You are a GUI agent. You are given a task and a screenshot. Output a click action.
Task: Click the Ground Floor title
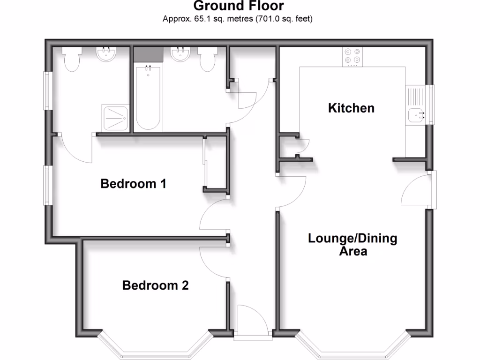[238, 6]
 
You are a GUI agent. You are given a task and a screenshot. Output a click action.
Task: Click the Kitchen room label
[351, 108]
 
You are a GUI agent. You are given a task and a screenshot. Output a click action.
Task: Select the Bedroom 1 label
[134, 184]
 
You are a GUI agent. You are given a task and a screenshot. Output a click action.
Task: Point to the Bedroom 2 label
[155, 285]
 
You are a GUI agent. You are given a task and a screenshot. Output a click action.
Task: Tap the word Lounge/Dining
[352, 238]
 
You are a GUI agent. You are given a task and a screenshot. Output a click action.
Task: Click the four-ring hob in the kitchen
[352, 56]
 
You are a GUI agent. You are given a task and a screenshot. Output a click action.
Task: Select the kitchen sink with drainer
[416, 106]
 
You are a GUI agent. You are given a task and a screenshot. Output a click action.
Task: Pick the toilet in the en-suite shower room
[72, 60]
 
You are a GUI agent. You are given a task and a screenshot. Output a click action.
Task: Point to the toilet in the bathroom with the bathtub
[207, 59]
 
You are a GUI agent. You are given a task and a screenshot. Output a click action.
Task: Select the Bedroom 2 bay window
[155, 347]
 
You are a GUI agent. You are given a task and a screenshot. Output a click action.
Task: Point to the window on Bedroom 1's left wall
[48, 185]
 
